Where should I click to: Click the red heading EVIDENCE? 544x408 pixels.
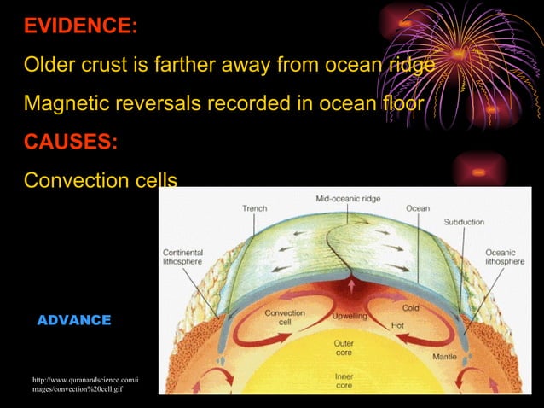tap(80, 26)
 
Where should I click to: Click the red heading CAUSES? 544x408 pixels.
tap(71, 142)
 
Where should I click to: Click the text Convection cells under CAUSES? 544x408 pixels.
tap(100, 181)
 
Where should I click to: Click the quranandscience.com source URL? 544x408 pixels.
tap(84, 384)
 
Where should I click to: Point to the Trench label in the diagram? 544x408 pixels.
tap(254, 208)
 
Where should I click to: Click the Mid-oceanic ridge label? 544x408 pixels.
tap(348, 198)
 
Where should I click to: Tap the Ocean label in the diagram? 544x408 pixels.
tap(418, 208)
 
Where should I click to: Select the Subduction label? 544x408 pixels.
tap(464, 222)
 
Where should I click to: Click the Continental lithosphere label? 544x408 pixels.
tap(184, 257)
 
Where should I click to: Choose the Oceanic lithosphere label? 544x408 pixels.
tap(505, 257)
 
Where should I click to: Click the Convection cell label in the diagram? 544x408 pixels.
tap(285, 318)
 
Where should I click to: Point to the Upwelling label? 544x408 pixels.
tap(350, 316)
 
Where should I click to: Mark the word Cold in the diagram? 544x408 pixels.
tap(410, 307)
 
